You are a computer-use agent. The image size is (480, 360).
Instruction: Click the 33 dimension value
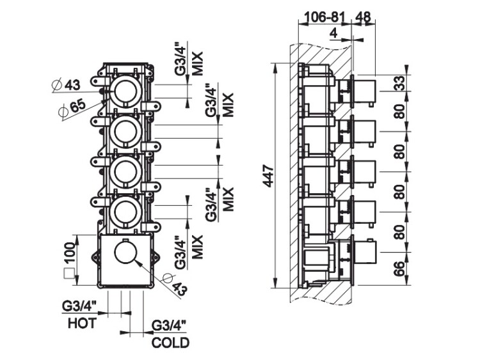[400, 82]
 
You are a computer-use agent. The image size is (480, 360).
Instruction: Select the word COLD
[170, 343]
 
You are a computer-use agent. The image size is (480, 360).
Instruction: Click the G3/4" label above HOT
[79, 306]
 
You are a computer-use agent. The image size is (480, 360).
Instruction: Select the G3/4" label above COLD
[170, 326]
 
